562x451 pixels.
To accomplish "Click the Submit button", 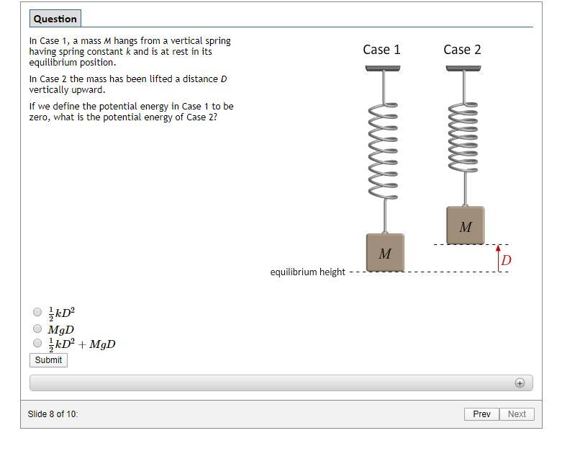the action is [x=48, y=360].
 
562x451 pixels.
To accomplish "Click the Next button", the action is [x=517, y=414].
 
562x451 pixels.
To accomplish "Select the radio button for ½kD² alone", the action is [x=37, y=312].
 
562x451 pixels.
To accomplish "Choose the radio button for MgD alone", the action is [x=37, y=329].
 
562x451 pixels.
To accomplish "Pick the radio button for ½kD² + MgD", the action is [x=37, y=343].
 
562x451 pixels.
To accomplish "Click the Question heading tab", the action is [x=55, y=19].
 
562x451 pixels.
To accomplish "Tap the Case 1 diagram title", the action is [x=381, y=50].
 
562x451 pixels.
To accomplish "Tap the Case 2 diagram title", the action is [x=462, y=50].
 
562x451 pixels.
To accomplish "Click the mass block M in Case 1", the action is [x=385, y=252].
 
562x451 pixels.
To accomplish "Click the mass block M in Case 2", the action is [x=466, y=225].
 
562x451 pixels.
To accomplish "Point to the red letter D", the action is [x=506, y=260].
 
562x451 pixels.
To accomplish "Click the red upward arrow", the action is [x=498, y=259].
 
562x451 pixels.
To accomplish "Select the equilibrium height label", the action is [x=307, y=272].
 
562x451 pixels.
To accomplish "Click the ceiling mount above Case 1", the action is [x=383, y=68].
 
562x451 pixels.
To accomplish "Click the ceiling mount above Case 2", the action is [x=463, y=68].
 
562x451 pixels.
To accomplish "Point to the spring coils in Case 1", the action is [x=383, y=150].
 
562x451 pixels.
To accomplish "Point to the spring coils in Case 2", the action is [x=463, y=136].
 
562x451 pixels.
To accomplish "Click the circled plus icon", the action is [x=520, y=383].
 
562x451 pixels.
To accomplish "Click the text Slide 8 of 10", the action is [x=53, y=414].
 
